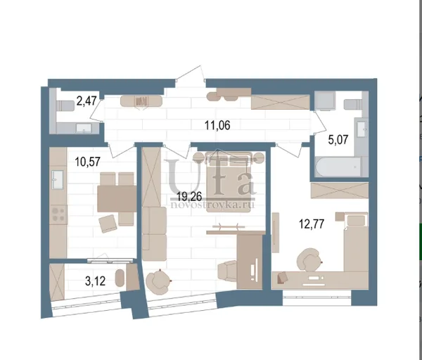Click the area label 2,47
(87, 101)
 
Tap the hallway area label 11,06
(217, 125)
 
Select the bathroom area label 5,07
(338, 140)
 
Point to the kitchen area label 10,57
(88, 162)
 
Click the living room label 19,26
(189, 197)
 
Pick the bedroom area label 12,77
(312, 224)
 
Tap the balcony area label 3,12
(95, 281)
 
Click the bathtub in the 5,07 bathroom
(338, 167)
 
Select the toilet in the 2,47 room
(65, 105)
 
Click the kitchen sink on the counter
(58, 179)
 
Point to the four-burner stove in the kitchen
(58, 214)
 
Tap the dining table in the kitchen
(117, 198)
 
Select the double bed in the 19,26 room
(229, 182)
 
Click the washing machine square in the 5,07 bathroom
(324, 101)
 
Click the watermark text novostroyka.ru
(212, 205)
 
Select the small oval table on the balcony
(120, 278)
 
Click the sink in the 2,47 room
(84, 128)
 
